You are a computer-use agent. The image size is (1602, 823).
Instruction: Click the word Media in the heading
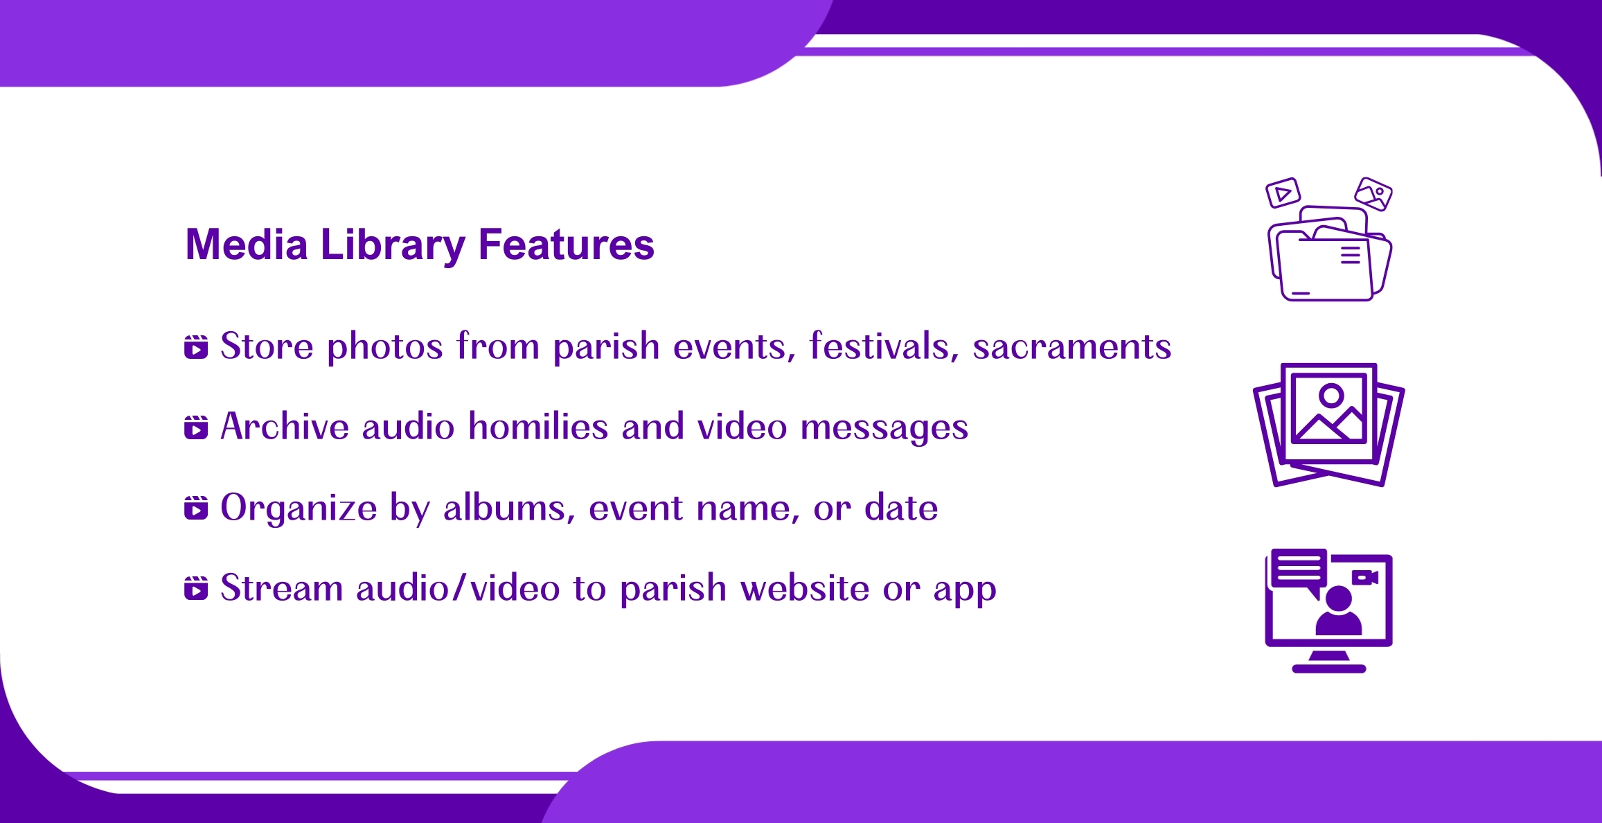point(247,245)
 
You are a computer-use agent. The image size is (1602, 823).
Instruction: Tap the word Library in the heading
point(393,246)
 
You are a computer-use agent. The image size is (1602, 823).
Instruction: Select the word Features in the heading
point(567,245)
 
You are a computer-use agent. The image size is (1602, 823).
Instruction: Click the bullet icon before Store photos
point(196,347)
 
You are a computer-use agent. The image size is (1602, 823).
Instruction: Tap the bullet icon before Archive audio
point(196,427)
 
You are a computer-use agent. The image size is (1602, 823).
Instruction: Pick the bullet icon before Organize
point(196,508)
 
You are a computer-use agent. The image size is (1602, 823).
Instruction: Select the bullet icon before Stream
point(196,588)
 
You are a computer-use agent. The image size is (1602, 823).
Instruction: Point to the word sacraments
point(1072,346)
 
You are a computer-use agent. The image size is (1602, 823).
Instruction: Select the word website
point(805,587)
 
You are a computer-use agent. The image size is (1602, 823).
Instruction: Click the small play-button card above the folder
point(1283,193)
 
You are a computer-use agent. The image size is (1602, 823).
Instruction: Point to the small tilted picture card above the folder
point(1373,193)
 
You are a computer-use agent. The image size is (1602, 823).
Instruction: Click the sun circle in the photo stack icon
point(1331,396)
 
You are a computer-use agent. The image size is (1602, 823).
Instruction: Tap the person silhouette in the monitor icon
point(1338,610)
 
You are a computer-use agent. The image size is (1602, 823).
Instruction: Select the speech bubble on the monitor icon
point(1299,572)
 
